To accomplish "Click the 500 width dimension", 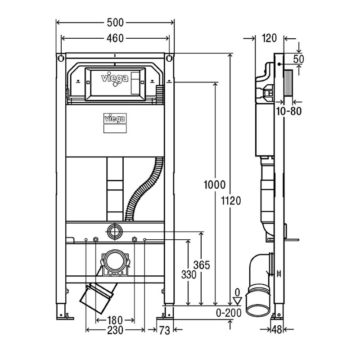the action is (x=115, y=23).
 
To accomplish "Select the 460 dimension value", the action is (x=115, y=38).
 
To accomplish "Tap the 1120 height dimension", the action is (x=231, y=201).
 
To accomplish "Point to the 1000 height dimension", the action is (x=215, y=185).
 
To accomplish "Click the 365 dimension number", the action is (x=202, y=265).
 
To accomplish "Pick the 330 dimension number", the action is (x=189, y=274).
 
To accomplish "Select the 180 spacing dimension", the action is (x=115, y=320).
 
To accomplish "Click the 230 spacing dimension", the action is (x=115, y=330).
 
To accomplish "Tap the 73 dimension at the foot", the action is (x=165, y=331).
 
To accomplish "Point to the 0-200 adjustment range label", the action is (x=229, y=313).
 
